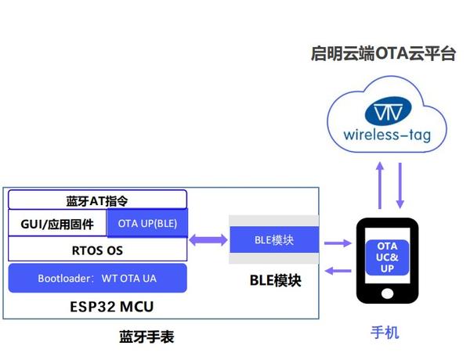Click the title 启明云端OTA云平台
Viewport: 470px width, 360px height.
[382, 55]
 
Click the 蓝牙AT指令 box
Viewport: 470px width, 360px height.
[97, 200]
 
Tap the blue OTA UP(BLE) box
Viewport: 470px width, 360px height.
[146, 224]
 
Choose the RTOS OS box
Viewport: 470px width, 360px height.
[97, 250]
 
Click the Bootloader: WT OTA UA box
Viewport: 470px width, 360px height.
[97, 278]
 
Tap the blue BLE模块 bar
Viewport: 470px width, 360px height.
[274, 239]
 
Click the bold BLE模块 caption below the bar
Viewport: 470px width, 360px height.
[275, 280]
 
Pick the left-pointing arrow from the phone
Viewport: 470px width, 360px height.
[337, 271]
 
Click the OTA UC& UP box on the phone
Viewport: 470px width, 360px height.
[387, 257]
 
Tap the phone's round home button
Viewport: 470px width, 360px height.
[387, 294]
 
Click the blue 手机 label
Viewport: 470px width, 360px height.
[385, 333]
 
